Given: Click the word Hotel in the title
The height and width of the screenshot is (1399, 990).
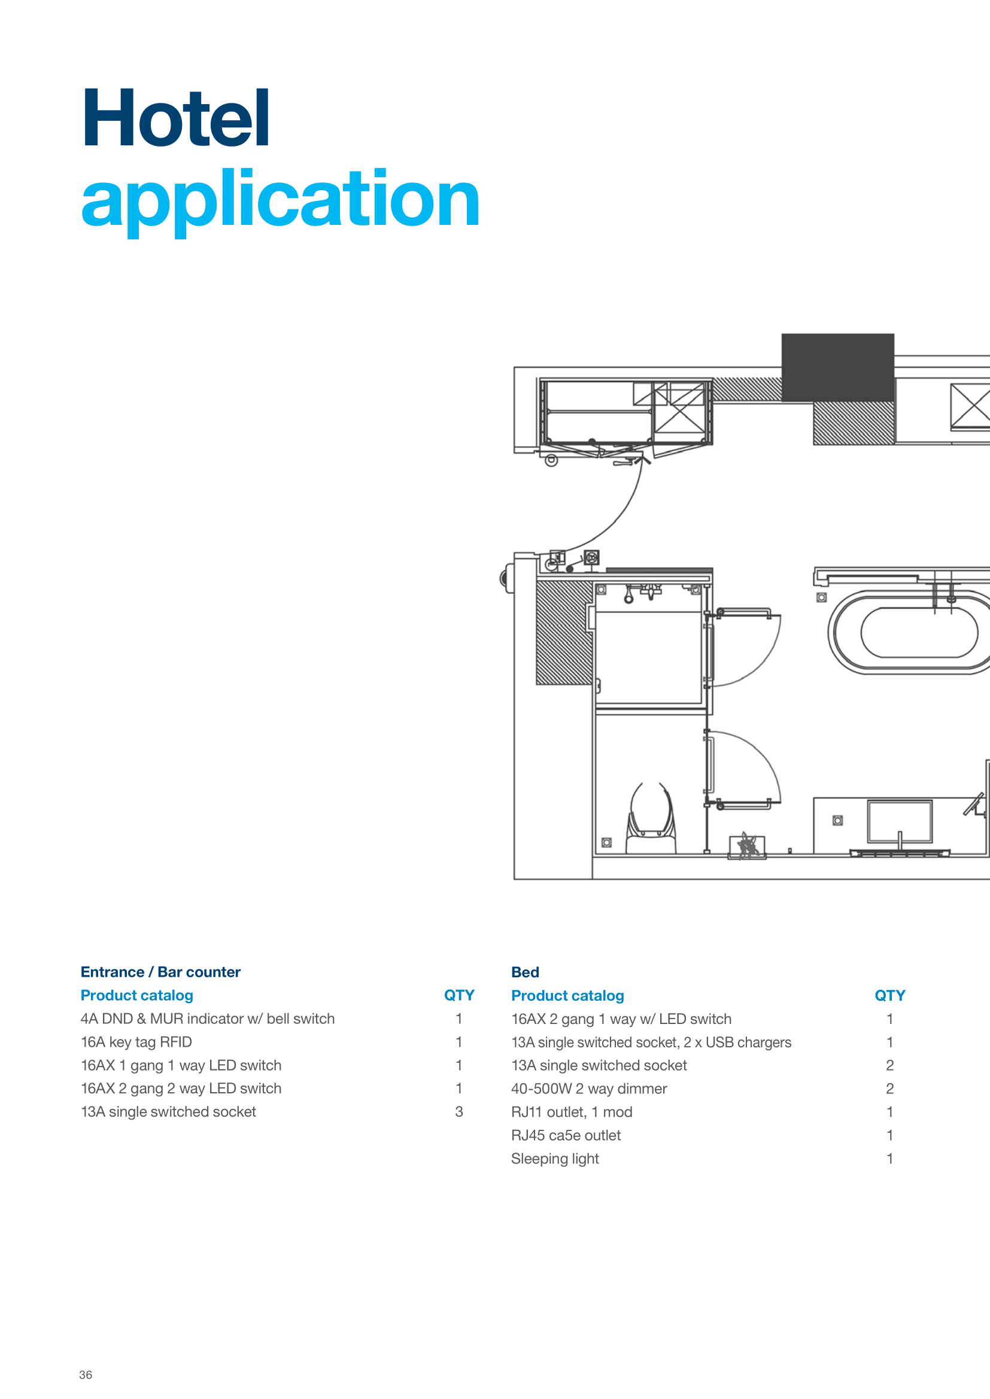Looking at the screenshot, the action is click(x=175, y=118).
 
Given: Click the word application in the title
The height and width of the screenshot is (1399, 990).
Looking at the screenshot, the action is click(x=280, y=200).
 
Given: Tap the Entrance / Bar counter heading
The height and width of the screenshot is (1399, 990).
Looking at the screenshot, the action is click(x=160, y=972).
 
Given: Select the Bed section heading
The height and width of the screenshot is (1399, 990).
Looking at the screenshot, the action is click(x=525, y=972).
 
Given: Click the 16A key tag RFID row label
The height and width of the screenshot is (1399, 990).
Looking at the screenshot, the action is click(x=136, y=1042).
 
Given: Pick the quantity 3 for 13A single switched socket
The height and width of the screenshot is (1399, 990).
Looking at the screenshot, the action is click(x=459, y=1111).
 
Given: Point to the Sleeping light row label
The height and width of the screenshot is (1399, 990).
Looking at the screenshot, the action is click(x=555, y=1159).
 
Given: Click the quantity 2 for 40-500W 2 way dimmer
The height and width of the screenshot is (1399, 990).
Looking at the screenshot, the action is click(x=890, y=1088).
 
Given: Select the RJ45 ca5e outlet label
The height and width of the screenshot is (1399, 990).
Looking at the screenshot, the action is click(x=566, y=1135).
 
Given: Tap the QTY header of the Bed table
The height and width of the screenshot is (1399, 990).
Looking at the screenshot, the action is click(x=890, y=995).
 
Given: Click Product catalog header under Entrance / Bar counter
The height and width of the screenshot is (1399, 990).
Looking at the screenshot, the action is click(x=136, y=995).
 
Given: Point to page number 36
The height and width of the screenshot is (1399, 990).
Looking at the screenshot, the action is click(x=86, y=1374).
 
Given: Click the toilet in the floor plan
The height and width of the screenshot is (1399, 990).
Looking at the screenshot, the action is click(x=652, y=819).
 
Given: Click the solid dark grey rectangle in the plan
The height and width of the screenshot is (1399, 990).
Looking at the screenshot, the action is click(x=837, y=367).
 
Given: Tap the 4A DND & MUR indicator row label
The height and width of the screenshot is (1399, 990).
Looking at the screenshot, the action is click(x=208, y=1019).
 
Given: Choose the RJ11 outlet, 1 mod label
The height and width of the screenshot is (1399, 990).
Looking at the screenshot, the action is click(x=572, y=1112).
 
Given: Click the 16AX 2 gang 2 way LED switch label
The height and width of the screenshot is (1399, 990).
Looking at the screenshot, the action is click(x=181, y=1088).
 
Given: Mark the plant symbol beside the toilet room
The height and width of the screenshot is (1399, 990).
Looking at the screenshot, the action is click(x=748, y=846).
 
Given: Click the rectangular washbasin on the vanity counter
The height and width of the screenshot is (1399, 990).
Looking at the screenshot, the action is click(x=900, y=822).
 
